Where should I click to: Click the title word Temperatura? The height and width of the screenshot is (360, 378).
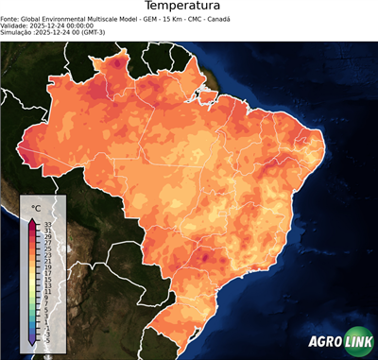(188, 7)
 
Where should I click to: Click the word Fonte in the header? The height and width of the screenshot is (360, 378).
(11, 18)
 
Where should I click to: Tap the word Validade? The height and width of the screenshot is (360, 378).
(16, 26)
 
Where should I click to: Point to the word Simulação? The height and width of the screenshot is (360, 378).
(18, 33)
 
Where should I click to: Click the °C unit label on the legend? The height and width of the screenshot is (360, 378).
(36, 207)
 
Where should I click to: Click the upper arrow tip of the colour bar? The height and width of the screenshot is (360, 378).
(32, 218)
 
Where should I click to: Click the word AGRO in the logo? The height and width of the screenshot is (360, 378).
(322, 343)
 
